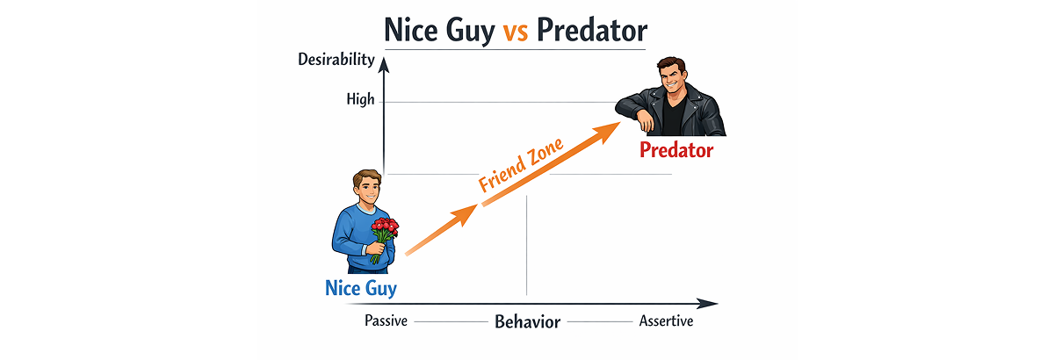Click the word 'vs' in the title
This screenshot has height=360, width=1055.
[x=516, y=32]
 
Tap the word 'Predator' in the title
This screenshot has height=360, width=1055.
[x=592, y=30]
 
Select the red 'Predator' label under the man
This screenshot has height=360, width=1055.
[x=676, y=150]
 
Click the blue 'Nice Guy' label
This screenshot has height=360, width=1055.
[x=361, y=288]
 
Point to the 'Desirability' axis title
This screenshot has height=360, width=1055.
[x=336, y=60]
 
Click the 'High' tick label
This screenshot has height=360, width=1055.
[x=360, y=99]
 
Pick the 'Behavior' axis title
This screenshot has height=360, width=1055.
[x=527, y=322]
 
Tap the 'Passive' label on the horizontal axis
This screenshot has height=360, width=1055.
[x=386, y=321]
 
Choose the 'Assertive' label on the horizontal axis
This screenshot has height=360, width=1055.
[x=666, y=321]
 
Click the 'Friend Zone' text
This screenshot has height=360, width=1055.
[x=521, y=165]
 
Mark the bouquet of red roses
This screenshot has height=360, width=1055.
[x=384, y=239]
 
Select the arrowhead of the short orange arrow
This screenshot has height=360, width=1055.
[x=466, y=214]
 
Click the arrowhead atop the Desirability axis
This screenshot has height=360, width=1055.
[x=385, y=65]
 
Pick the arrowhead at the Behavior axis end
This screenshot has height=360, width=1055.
[x=707, y=304]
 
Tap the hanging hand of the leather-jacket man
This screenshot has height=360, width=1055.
[x=645, y=121]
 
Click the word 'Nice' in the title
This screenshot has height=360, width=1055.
[x=411, y=30]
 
